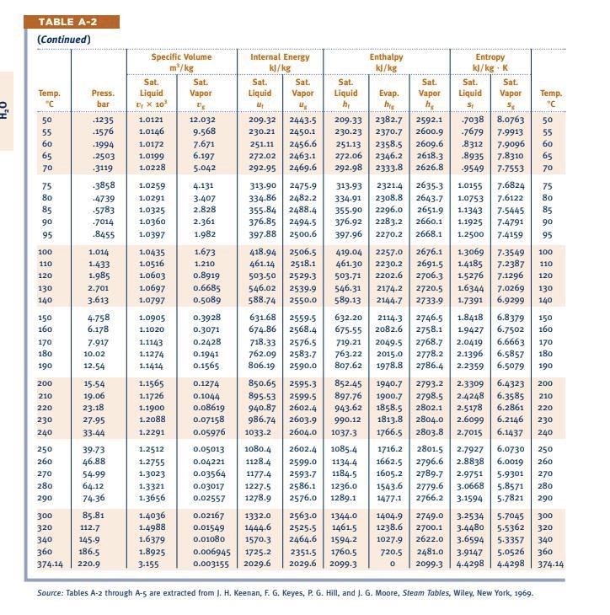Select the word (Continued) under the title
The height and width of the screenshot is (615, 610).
click(64, 40)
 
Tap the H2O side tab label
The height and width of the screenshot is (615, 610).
click(6, 110)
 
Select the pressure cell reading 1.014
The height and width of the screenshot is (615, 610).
click(99, 252)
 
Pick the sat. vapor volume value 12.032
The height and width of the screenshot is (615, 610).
click(201, 120)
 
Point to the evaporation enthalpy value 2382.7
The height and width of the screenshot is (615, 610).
click(388, 120)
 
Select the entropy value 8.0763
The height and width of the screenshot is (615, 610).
click(510, 120)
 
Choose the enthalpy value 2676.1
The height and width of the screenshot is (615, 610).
click(429, 252)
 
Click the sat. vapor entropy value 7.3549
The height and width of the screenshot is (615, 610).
click(510, 252)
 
